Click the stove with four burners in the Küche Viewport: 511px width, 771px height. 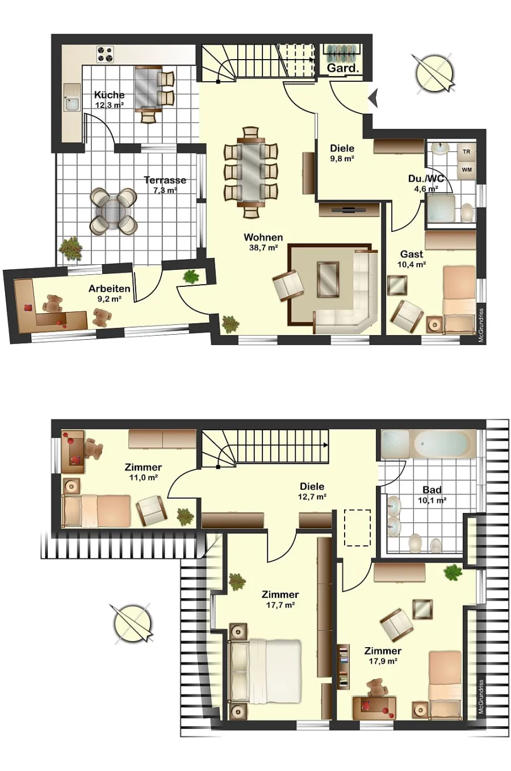point(105,55)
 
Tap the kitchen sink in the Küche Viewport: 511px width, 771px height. point(72,102)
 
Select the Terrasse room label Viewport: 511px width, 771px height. point(165,180)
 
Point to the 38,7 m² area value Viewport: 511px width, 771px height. point(263,248)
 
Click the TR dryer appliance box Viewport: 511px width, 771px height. point(466,152)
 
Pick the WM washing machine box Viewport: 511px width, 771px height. point(466,170)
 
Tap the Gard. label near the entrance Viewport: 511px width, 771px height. point(342,68)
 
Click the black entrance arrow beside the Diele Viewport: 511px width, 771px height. point(373,98)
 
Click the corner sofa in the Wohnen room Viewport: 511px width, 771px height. point(354,303)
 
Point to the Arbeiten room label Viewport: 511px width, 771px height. point(110,289)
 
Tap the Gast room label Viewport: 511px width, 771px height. point(412,254)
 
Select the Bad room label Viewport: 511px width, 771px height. point(432,489)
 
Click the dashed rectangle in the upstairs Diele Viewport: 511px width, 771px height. point(358,528)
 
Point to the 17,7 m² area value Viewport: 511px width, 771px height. point(280,605)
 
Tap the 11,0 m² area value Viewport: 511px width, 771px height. point(144,477)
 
